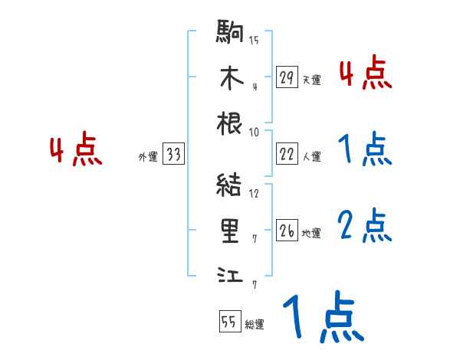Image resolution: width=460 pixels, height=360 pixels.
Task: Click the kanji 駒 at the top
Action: coord(231,34)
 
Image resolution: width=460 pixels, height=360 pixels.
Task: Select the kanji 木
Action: coord(231,78)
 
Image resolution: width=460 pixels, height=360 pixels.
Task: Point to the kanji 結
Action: coord(231,186)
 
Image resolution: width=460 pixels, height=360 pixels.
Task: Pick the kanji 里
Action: coord(231,231)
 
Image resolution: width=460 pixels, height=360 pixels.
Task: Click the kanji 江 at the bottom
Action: coord(231,275)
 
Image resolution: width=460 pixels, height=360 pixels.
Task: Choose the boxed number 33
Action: coord(173,155)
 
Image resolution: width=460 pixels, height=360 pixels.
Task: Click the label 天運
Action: coord(312,80)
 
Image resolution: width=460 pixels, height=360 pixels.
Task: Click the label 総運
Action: coord(255,325)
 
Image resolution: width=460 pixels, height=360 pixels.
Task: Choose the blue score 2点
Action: coord(365,226)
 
